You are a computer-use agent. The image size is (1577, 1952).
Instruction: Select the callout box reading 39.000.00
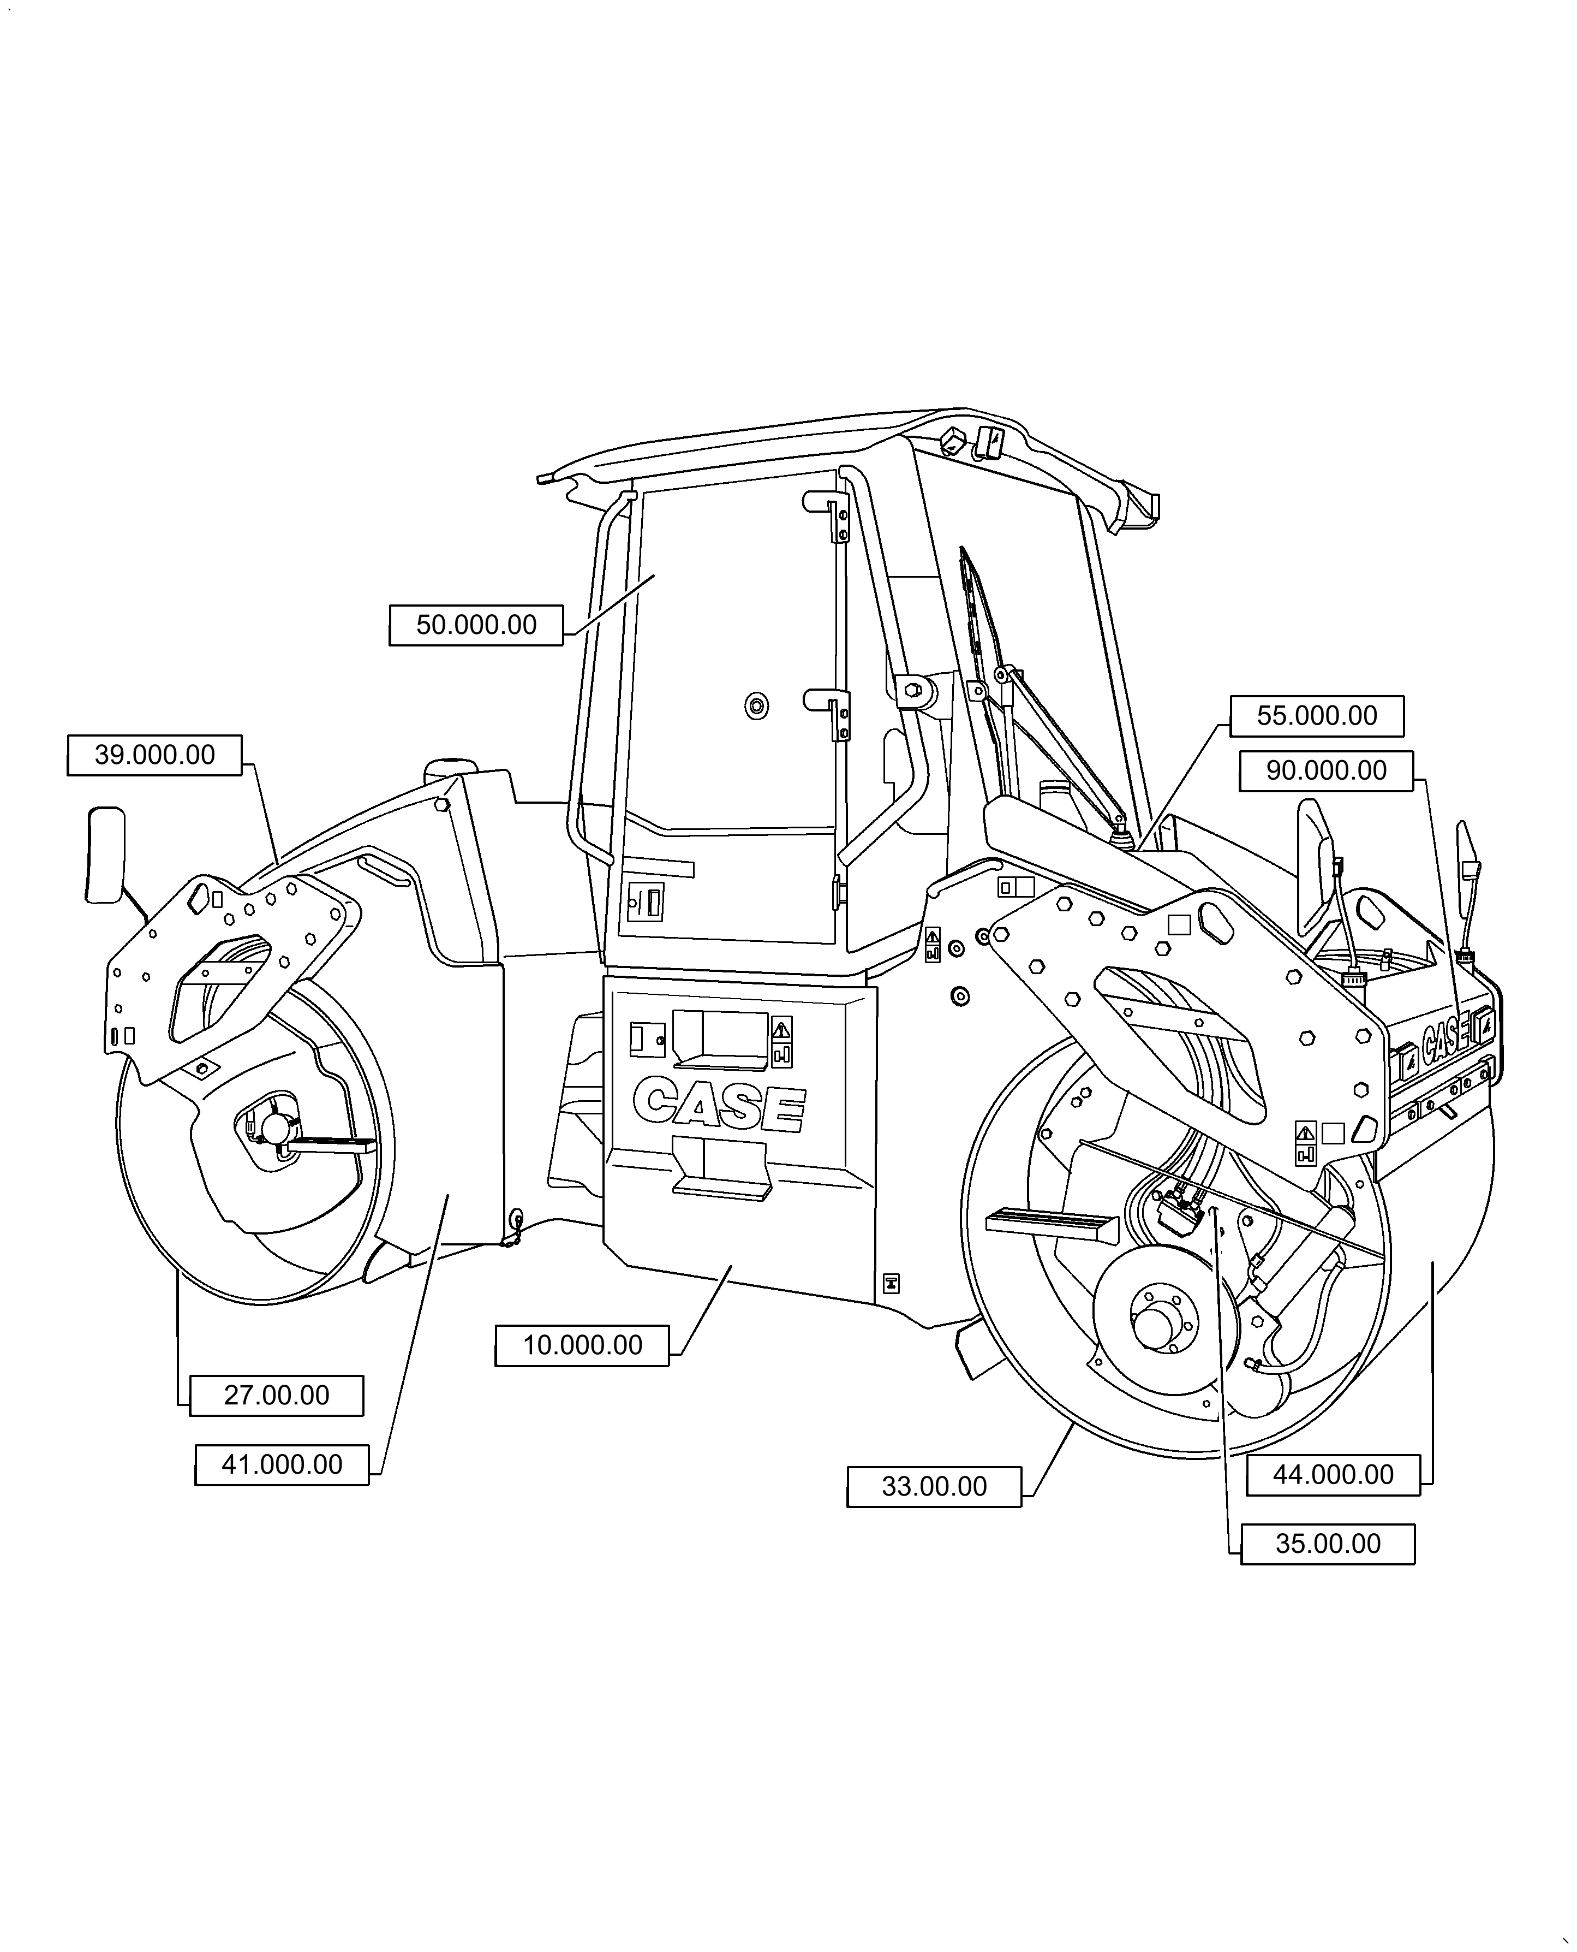(154, 755)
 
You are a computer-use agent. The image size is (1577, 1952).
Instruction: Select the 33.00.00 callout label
(933, 1487)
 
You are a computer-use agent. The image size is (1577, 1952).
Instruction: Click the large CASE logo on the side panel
(719, 1104)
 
